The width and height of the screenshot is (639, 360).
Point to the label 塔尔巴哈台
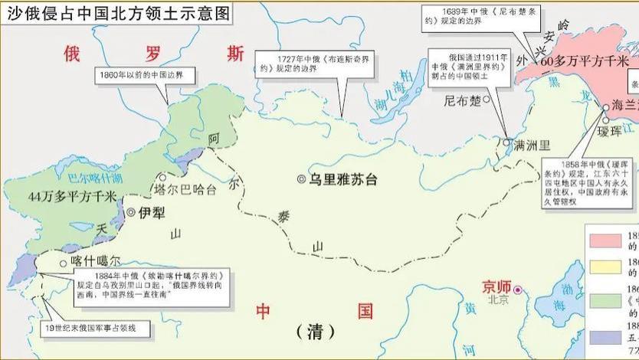click(x=185, y=188)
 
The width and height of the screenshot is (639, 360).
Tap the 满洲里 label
click(x=532, y=143)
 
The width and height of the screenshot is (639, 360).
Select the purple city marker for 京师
click(x=519, y=290)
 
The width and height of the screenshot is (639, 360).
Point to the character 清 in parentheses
click(x=316, y=331)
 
